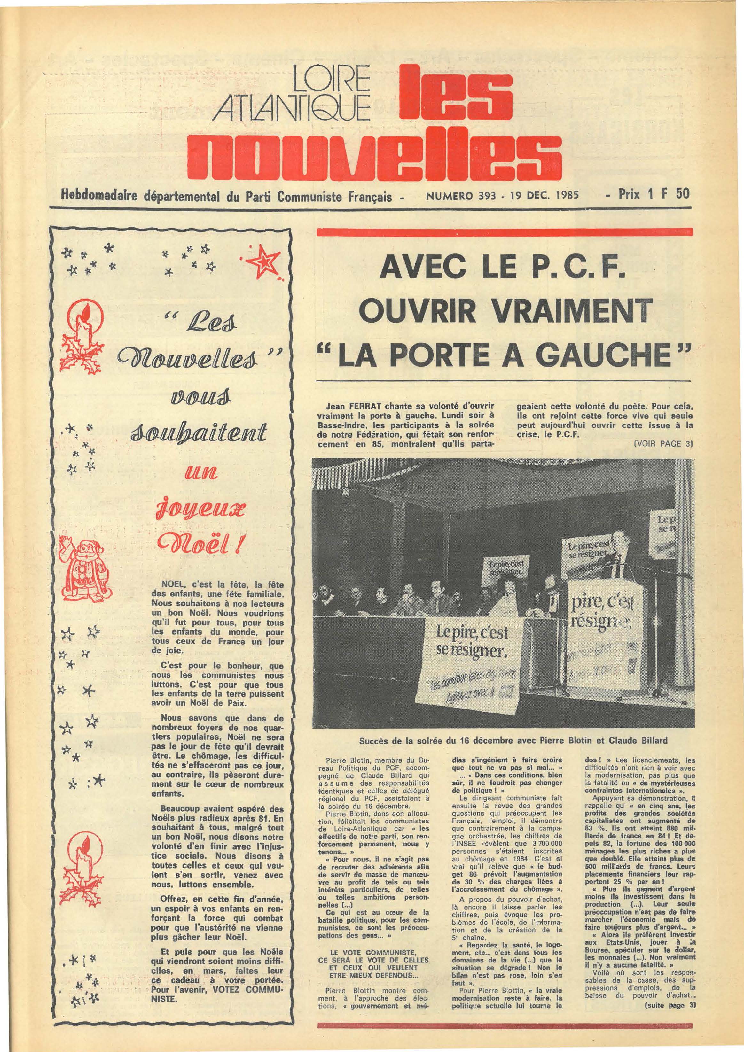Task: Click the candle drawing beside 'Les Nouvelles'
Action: point(86,333)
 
